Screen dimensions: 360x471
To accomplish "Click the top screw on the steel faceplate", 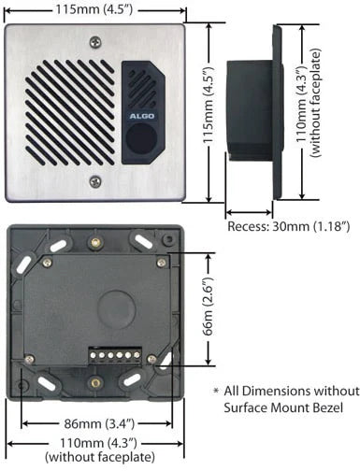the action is [94, 41].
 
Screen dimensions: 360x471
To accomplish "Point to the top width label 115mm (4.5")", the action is [97, 9].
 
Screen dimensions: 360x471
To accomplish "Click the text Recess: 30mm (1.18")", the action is [289, 226].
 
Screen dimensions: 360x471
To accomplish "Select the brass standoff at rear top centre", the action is [93, 243].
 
